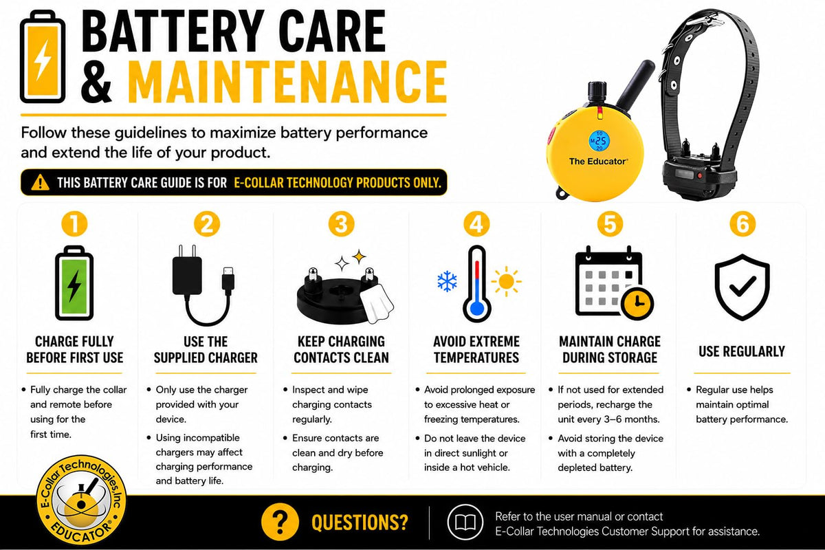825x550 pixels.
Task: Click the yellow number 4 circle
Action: coord(476,224)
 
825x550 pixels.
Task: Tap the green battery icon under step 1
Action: coord(74,283)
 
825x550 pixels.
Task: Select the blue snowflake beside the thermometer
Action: coord(447,281)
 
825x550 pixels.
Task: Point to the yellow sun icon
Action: coord(507,281)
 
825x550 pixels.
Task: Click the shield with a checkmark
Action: coord(742,287)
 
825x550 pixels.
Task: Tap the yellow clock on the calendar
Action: coord(637,304)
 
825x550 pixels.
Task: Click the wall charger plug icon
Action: coord(187,270)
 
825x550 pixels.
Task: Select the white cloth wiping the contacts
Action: coord(377,303)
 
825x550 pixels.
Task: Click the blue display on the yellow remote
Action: coord(599,141)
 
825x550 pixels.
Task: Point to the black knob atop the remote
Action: coord(597,93)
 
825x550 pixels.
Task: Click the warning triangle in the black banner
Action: coord(40,182)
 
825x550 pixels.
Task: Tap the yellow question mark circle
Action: coord(280,522)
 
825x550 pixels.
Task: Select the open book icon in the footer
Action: coord(465,522)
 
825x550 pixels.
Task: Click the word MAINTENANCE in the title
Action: coord(287,82)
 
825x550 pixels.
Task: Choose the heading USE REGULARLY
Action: coord(742,351)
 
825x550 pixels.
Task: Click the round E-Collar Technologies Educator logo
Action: coord(81,500)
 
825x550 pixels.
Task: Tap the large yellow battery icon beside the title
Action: coord(43,56)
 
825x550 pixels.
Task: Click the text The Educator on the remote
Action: coord(598,162)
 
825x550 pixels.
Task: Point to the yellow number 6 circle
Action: coord(742,224)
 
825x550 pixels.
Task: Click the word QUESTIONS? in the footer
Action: coord(360,522)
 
